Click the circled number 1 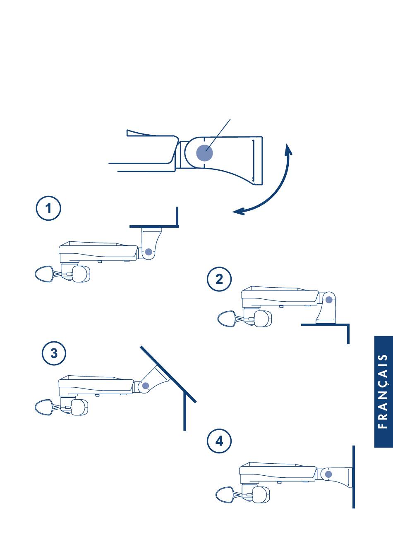[x=48, y=208]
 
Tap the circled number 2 [x=219, y=279]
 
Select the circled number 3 [x=54, y=353]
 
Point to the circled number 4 [x=219, y=441]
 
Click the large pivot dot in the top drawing [x=204, y=153]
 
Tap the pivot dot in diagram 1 [x=149, y=252]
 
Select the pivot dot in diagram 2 [x=329, y=300]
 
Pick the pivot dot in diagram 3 [x=146, y=386]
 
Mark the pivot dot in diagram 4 [x=328, y=474]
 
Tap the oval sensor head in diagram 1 [x=44, y=274]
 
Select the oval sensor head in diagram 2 [x=227, y=319]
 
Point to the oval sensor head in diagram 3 [x=44, y=407]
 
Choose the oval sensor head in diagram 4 [x=225, y=495]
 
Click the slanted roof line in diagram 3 [x=168, y=374]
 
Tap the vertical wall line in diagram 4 [x=353, y=477]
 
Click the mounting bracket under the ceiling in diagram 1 [x=151, y=243]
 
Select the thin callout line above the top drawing [x=218, y=135]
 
